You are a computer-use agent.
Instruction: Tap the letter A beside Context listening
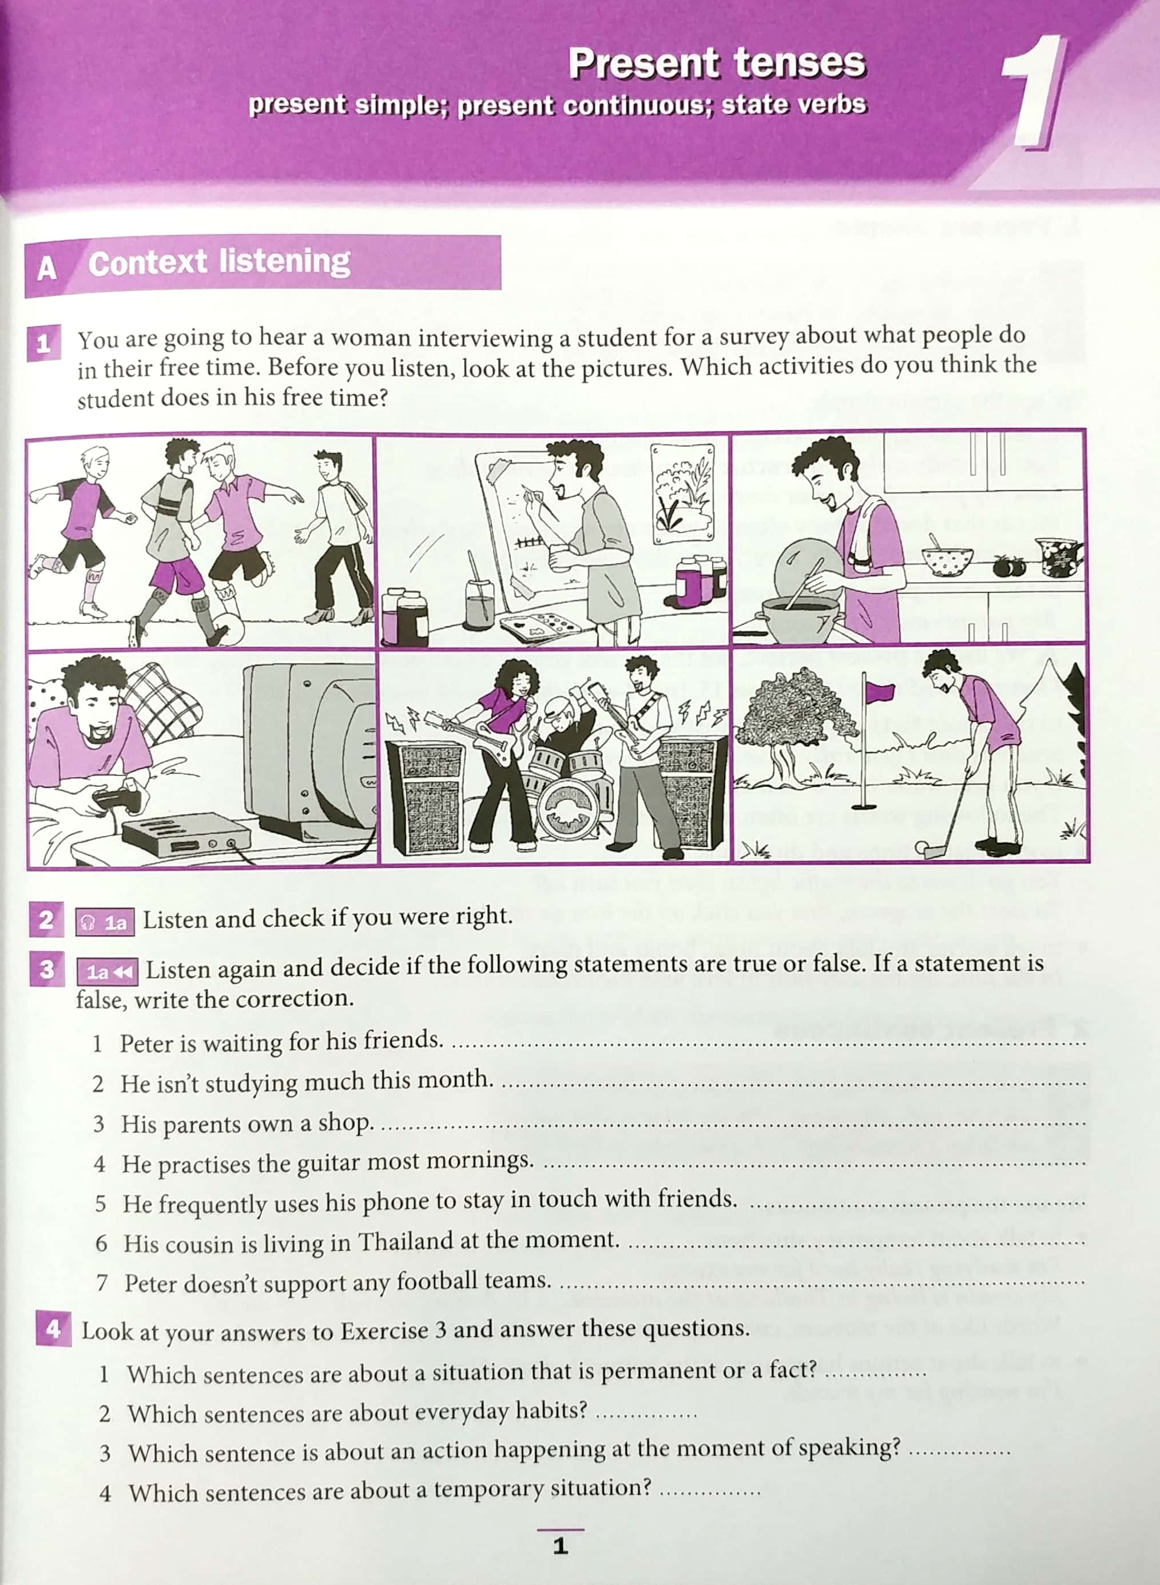pos(46,268)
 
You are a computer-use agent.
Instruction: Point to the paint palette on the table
pos(538,626)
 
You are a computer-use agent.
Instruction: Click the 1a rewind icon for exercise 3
pos(108,972)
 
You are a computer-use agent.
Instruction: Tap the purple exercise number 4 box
pos(53,1329)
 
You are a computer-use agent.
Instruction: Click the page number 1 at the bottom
pos(559,1546)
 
